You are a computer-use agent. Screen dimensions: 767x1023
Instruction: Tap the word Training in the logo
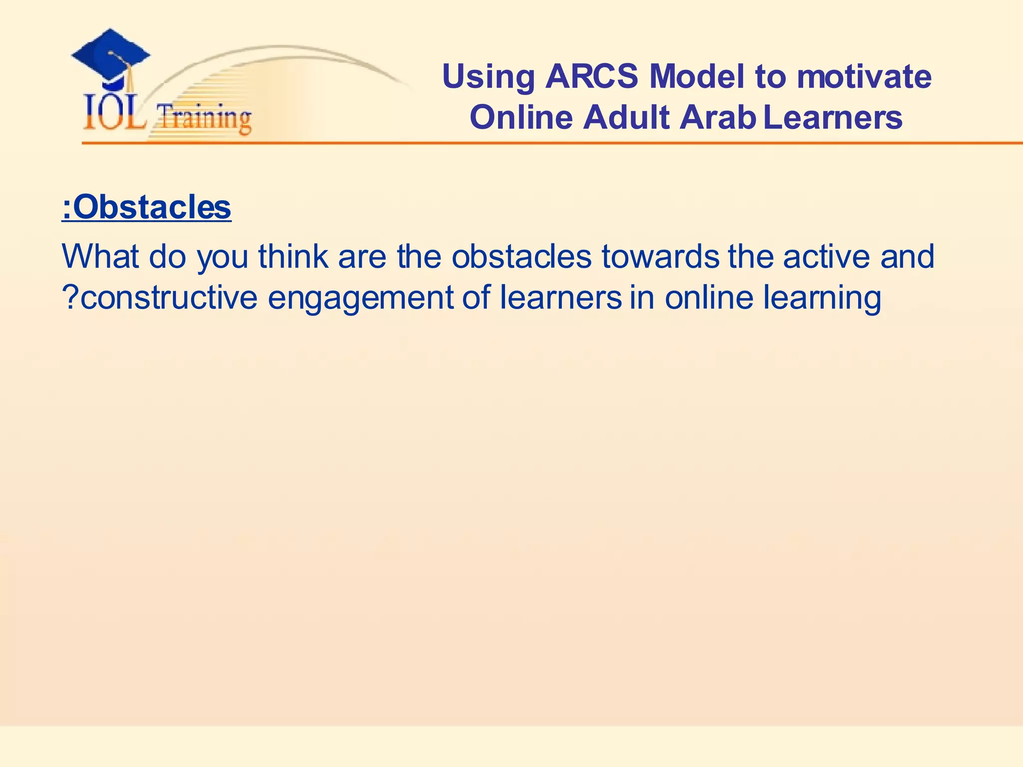[x=204, y=118]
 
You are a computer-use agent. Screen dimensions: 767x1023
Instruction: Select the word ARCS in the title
[x=591, y=77]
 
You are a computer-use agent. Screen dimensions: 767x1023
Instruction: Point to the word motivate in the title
[x=864, y=77]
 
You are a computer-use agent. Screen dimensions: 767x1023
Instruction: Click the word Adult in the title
[x=626, y=118]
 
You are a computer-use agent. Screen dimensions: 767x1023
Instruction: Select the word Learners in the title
[x=833, y=118]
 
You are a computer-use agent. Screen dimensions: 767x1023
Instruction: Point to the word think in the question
[x=293, y=256]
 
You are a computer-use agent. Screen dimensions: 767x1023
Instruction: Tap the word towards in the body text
[x=660, y=256]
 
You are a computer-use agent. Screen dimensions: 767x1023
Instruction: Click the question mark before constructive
[x=70, y=298]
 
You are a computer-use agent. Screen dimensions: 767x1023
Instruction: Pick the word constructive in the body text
[x=169, y=298]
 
